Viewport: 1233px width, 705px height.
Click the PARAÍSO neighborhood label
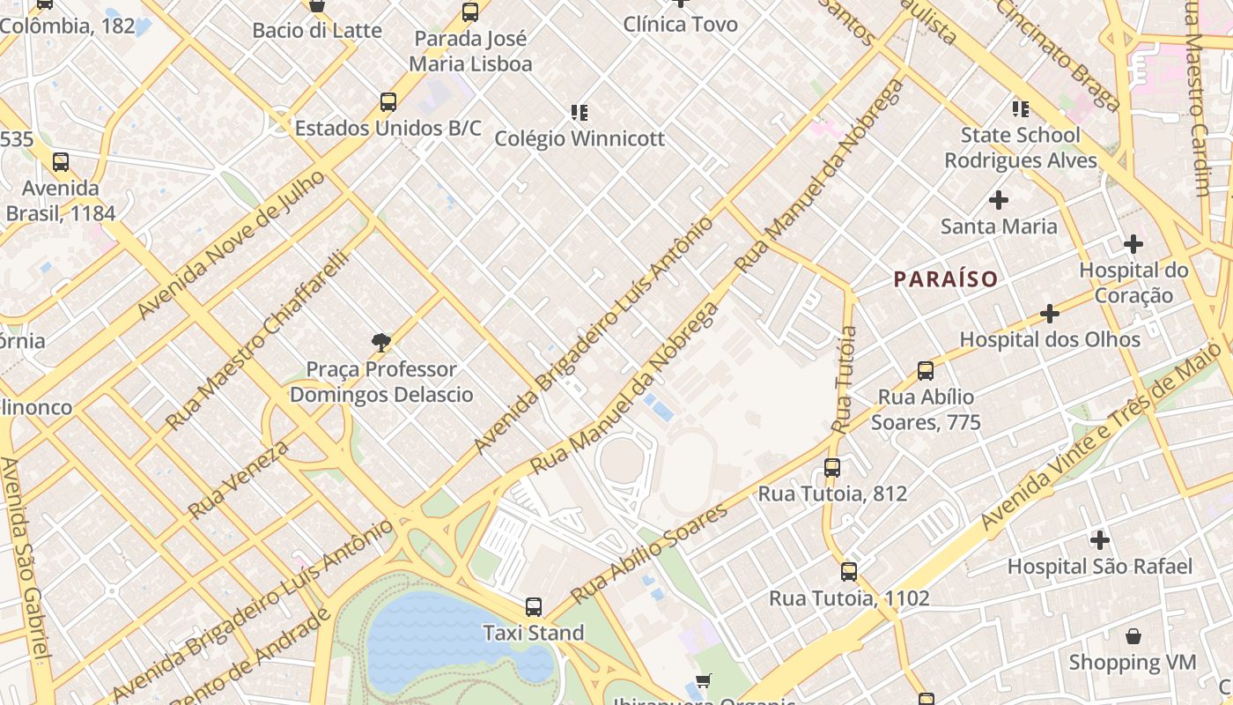[x=946, y=279]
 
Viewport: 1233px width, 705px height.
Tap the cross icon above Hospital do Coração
[x=1133, y=244]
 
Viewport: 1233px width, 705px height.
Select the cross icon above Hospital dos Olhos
[x=1049, y=314]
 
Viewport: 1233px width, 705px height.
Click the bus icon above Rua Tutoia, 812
[x=832, y=468]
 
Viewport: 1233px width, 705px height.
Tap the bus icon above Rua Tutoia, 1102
[x=848, y=572]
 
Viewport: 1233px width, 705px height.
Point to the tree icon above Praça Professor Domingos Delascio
[x=381, y=342]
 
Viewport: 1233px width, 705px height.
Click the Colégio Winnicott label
[x=580, y=139]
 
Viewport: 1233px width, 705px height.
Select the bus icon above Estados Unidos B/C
[x=388, y=102]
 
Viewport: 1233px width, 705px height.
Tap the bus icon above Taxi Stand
[x=534, y=607]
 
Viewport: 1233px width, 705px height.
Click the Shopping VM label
[x=1133, y=662]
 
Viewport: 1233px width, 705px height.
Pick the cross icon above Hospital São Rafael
[x=1099, y=539]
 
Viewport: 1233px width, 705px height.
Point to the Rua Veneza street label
[x=239, y=479]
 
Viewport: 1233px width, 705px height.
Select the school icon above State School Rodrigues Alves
[x=1020, y=109]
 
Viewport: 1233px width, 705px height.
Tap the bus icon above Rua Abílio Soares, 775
[x=926, y=371]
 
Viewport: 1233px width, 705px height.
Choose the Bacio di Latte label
[x=317, y=31]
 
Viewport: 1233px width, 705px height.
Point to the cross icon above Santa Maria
[x=999, y=200]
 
